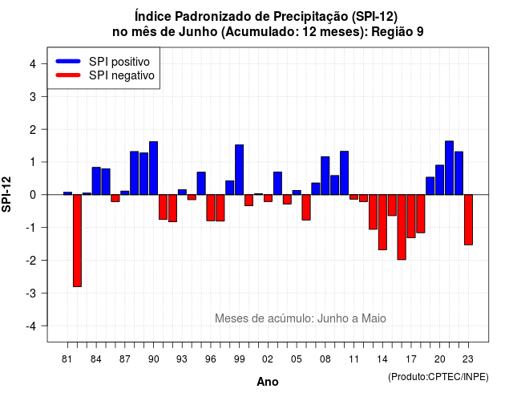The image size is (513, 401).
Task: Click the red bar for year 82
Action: pos(77,241)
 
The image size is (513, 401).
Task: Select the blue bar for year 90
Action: pos(153,168)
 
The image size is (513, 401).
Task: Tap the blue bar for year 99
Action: pos(239,170)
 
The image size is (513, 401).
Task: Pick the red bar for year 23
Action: pos(468,220)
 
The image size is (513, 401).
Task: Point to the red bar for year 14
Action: pos(382,222)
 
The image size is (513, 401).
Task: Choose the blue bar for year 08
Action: pos(325,176)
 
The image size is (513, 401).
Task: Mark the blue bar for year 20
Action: pos(440,180)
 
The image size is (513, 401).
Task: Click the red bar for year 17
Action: pos(411,216)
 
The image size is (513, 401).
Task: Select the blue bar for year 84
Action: pos(96,181)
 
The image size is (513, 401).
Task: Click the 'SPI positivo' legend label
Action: pos(119,62)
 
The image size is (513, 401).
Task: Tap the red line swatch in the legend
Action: pos(68,75)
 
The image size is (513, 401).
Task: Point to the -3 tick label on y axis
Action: pos(31,293)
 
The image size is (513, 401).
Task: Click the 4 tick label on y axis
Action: pos(33,64)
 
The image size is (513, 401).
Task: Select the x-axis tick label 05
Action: pos(296,359)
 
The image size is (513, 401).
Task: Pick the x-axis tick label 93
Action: pos(182,359)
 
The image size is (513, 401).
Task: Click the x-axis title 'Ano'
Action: pos(267,382)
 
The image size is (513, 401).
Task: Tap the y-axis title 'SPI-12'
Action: pos(6,194)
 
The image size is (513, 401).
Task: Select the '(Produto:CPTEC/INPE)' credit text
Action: pos(438,377)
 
